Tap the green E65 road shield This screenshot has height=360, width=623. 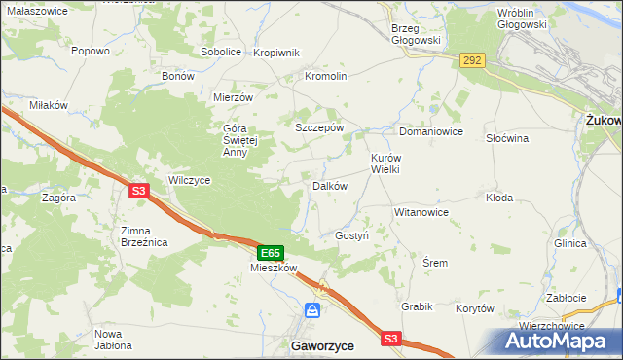point(272,251)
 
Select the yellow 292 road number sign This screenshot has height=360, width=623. point(472,60)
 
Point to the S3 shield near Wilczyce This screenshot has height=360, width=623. point(139,192)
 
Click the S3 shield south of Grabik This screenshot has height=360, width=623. point(391,338)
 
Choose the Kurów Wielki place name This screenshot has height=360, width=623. point(385,162)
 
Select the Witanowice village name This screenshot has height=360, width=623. point(421,211)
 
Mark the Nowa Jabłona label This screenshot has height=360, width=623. point(113,340)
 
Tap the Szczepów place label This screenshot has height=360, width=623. point(319,127)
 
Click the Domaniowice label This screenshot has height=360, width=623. point(430,130)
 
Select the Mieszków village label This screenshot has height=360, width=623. point(273,268)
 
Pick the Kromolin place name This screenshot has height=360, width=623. point(326,76)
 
